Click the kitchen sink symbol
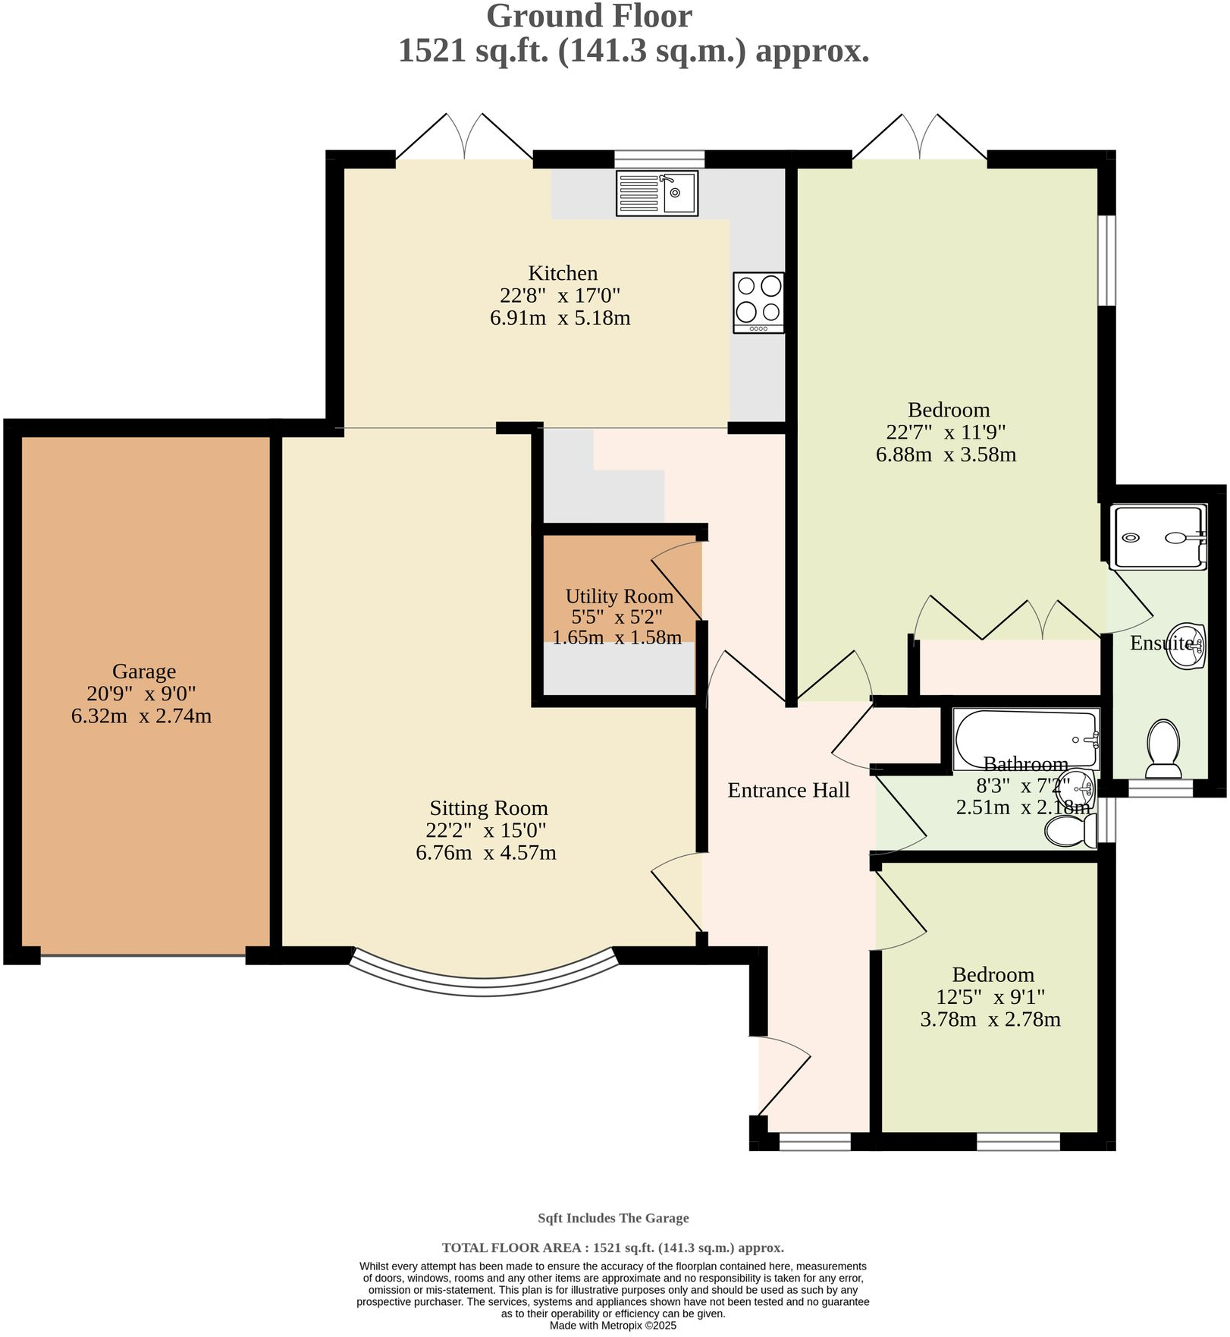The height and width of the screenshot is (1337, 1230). (x=657, y=193)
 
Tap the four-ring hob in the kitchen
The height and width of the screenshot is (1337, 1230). (x=758, y=302)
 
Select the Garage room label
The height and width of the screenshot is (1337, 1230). (x=144, y=672)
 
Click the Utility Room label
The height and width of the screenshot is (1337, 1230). (x=619, y=596)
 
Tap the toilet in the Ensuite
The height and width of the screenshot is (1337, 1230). (x=1163, y=748)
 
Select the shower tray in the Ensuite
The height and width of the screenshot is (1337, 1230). (x=1157, y=537)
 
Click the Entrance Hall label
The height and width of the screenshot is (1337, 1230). (x=788, y=791)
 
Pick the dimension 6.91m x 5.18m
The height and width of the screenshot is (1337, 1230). (x=560, y=318)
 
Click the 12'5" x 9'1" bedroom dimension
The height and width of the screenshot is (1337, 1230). (x=992, y=997)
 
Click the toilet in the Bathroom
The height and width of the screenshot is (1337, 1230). (x=1070, y=832)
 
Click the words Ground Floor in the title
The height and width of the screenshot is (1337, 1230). (x=588, y=17)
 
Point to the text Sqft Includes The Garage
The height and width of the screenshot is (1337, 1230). (x=613, y=1219)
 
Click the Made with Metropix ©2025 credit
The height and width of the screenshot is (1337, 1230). (x=613, y=1326)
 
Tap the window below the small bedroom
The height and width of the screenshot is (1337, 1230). (x=1018, y=1141)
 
